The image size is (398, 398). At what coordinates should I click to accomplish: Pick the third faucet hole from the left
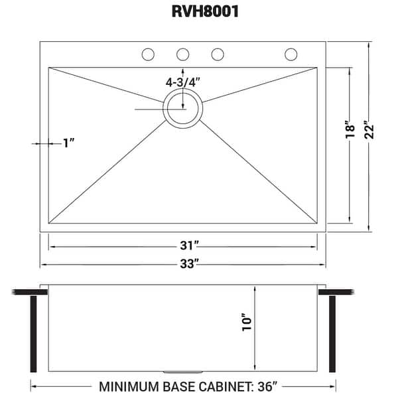(x=216, y=54)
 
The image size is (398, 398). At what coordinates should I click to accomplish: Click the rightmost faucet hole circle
(x=291, y=54)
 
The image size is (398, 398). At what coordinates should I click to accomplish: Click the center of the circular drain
(x=182, y=109)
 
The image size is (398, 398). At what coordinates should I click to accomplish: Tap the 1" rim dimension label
(x=68, y=143)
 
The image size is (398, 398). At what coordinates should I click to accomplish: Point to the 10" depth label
(x=247, y=323)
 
